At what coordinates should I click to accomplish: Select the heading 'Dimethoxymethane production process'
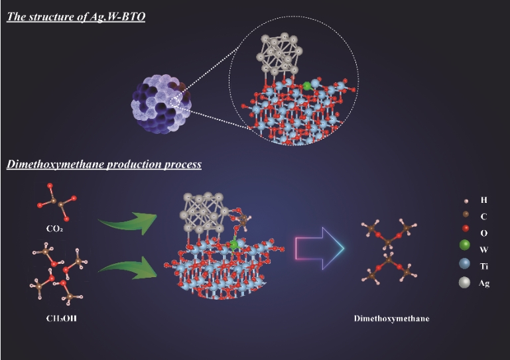[104, 164]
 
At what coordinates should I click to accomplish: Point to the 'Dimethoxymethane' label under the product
[391, 319]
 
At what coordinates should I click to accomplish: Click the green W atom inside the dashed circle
[306, 85]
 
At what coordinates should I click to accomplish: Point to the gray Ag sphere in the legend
[465, 283]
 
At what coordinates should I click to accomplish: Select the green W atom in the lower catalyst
[234, 245]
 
